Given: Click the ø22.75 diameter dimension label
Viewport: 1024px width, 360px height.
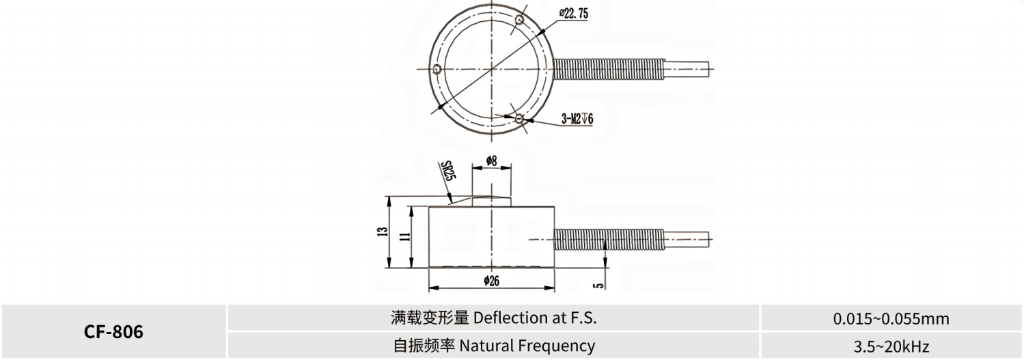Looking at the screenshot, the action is click(x=574, y=14).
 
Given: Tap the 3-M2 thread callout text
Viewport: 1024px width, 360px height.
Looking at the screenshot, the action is click(x=577, y=120).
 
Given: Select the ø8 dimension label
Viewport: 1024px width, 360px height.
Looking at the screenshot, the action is click(x=491, y=161).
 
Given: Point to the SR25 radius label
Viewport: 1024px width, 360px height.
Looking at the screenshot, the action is click(x=448, y=170).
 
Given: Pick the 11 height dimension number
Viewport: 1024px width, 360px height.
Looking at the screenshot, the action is click(x=404, y=236).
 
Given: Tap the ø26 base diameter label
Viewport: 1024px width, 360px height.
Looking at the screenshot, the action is click(x=492, y=281).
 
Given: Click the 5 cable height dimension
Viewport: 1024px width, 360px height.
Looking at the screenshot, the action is click(x=598, y=286).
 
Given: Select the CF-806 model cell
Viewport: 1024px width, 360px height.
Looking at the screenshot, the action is click(x=113, y=332).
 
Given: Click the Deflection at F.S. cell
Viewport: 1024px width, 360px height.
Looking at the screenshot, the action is click(x=494, y=318).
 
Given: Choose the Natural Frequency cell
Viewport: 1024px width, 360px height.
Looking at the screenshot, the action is click(x=494, y=346).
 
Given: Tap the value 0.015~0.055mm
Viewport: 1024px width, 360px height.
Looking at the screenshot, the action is click(x=891, y=318).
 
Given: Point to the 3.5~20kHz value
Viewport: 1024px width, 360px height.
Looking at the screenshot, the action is click(x=891, y=346).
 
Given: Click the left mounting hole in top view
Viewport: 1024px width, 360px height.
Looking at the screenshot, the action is click(x=437, y=70).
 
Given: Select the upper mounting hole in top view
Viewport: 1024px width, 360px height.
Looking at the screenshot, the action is click(x=519, y=20).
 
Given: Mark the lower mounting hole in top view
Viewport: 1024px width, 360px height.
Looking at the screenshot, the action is click(x=519, y=119).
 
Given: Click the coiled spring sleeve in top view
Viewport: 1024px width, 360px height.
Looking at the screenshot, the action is click(x=609, y=69).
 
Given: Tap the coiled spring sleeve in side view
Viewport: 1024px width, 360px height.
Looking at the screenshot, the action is click(x=609, y=239).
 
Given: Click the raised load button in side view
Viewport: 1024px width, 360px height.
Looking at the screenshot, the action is click(x=491, y=201).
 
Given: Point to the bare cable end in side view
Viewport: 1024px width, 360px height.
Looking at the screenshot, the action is click(x=687, y=239).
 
